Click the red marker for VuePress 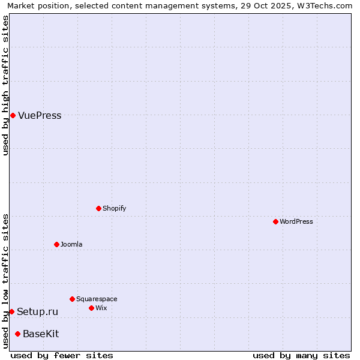point(13,115)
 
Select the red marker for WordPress point(275,221)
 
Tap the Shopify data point point(98,208)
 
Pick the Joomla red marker point(56,244)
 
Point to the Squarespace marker point(72,299)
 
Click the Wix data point point(91,308)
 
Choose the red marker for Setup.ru point(11,311)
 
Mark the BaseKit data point point(17,334)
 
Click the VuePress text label point(40,116)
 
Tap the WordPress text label point(296,221)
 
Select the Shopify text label point(114,208)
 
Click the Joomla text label point(71,244)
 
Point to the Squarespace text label point(97,299)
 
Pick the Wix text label point(101,308)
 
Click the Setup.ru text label point(37,311)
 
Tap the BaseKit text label point(41,334)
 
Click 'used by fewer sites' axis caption point(62,355)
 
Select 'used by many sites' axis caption point(301,355)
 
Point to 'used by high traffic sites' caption point(6,85)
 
